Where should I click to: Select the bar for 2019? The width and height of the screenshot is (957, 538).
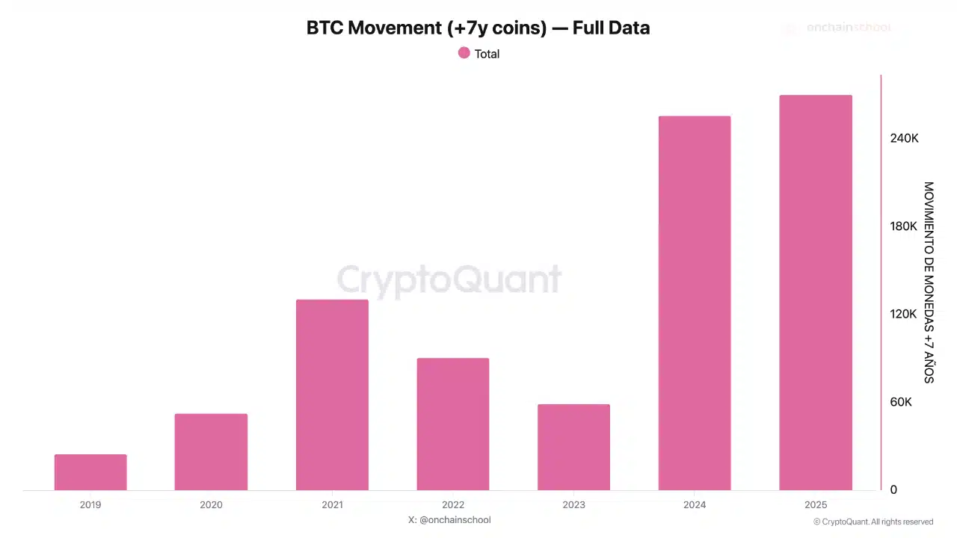click(x=90, y=472)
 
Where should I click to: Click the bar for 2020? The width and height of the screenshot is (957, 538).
click(x=211, y=452)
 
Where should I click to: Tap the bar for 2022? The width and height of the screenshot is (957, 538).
click(x=453, y=424)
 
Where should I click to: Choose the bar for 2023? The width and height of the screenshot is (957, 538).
click(x=573, y=447)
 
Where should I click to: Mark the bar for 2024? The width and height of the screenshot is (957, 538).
click(x=695, y=303)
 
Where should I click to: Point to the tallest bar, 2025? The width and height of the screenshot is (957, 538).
click(x=815, y=292)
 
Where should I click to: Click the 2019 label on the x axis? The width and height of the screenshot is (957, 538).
click(x=90, y=505)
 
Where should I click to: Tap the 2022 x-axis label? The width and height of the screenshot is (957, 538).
click(x=453, y=505)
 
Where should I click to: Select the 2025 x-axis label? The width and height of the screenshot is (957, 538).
click(x=815, y=505)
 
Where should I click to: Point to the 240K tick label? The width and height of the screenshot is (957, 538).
click(x=903, y=139)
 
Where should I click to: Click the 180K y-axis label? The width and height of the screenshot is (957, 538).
click(x=903, y=226)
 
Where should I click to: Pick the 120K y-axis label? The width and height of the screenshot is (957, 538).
click(x=903, y=314)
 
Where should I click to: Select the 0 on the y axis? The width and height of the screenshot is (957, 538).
click(x=893, y=490)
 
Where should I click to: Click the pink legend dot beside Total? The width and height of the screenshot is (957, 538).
click(x=464, y=53)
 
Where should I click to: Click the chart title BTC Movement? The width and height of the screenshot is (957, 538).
click(x=478, y=28)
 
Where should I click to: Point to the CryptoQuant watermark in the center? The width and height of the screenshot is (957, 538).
click(x=449, y=279)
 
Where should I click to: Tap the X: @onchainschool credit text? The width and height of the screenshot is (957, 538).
click(x=449, y=519)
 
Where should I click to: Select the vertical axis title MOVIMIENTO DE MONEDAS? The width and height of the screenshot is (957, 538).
click(x=929, y=282)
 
